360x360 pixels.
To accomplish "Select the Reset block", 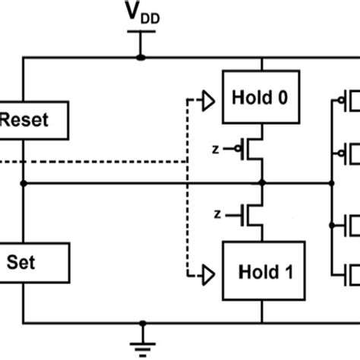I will point(33,120).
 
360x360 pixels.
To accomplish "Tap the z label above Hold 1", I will point(218,215).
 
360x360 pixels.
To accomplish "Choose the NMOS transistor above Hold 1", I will point(254,215).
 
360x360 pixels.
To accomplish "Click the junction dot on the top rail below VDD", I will point(141,57).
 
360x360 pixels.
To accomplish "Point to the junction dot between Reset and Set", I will point(24,183).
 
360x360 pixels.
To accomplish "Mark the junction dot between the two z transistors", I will point(262,183).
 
